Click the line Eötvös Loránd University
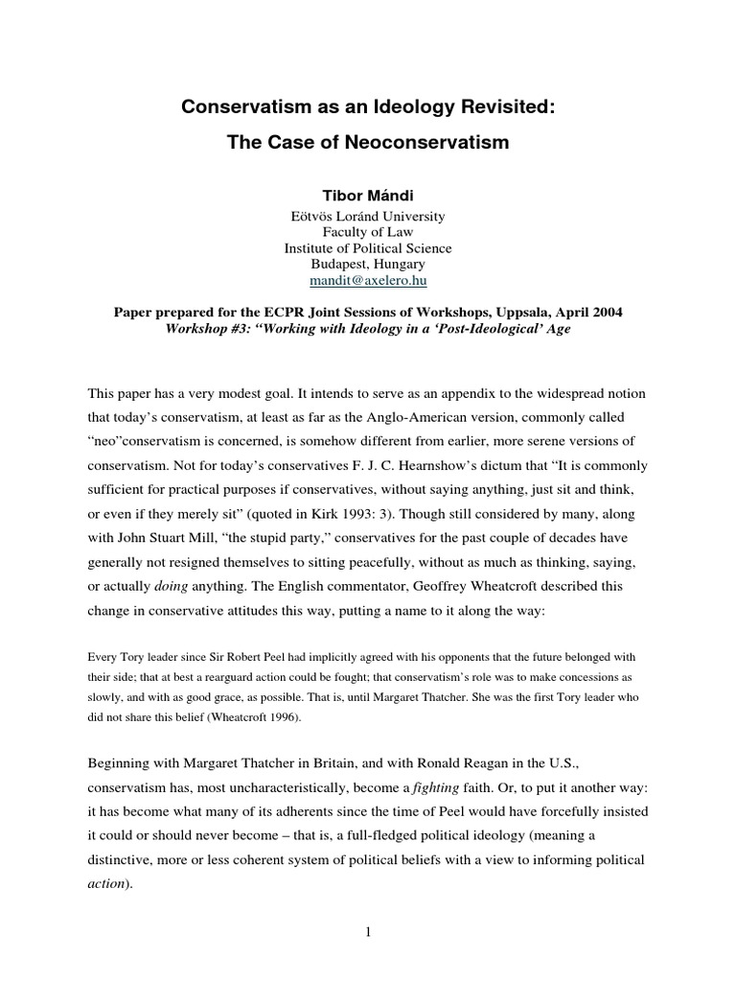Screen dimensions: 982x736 [368, 217]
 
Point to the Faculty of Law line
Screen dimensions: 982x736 [368, 233]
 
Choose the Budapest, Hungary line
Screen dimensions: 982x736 [368, 264]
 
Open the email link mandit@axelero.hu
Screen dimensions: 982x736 [368, 280]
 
